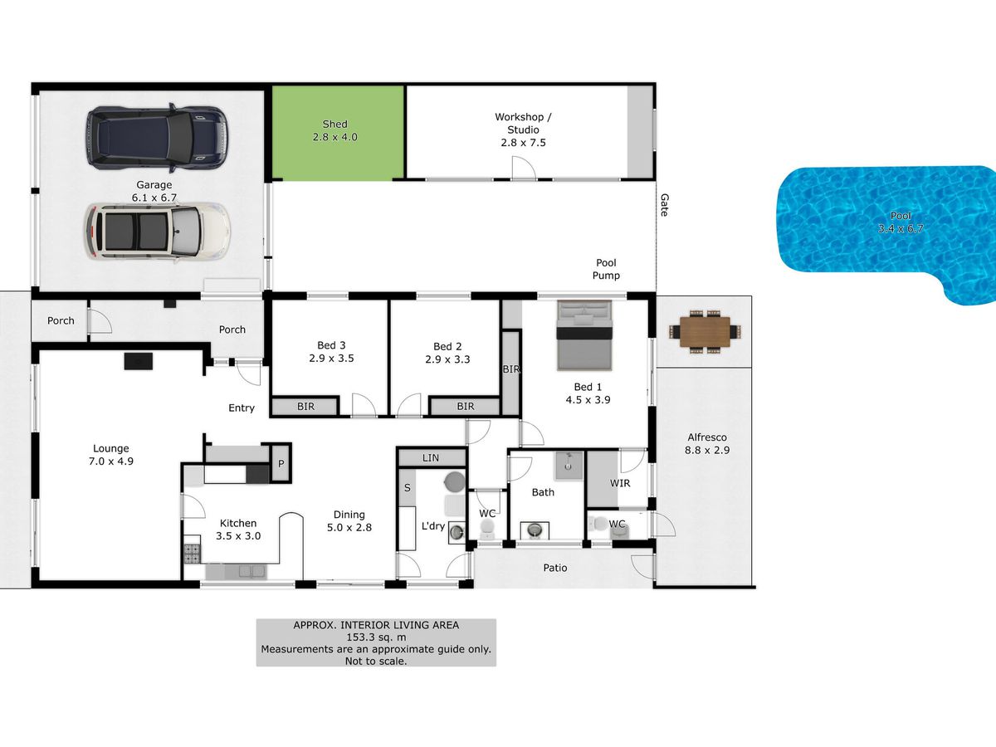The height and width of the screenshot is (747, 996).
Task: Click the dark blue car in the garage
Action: (x=157, y=139)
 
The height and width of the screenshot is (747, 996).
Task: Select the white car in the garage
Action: (x=157, y=232)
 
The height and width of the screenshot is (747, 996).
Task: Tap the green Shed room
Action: (x=337, y=133)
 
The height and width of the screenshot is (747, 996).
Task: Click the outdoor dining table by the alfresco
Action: (x=705, y=331)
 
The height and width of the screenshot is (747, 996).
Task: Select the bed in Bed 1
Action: (x=584, y=334)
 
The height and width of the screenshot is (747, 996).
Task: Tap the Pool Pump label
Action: (x=606, y=269)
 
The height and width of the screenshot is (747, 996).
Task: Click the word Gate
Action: (x=664, y=205)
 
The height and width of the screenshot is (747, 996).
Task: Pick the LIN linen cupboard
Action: (x=431, y=457)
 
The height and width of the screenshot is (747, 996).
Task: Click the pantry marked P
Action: (x=281, y=463)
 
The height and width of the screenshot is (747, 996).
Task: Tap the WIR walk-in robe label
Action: (x=620, y=483)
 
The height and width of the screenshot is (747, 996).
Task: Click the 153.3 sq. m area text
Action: (x=376, y=637)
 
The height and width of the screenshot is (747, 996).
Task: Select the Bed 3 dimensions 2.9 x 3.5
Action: (x=331, y=359)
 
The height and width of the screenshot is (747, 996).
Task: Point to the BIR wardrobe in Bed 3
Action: (x=305, y=407)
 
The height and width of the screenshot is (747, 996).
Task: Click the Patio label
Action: (x=555, y=568)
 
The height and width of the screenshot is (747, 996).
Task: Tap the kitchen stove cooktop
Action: (x=192, y=554)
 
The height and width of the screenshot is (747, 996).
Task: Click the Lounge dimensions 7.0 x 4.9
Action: (x=111, y=461)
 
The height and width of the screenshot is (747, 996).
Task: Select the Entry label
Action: (x=241, y=408)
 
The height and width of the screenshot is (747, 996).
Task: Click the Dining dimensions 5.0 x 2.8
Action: (x=349, y=528)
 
